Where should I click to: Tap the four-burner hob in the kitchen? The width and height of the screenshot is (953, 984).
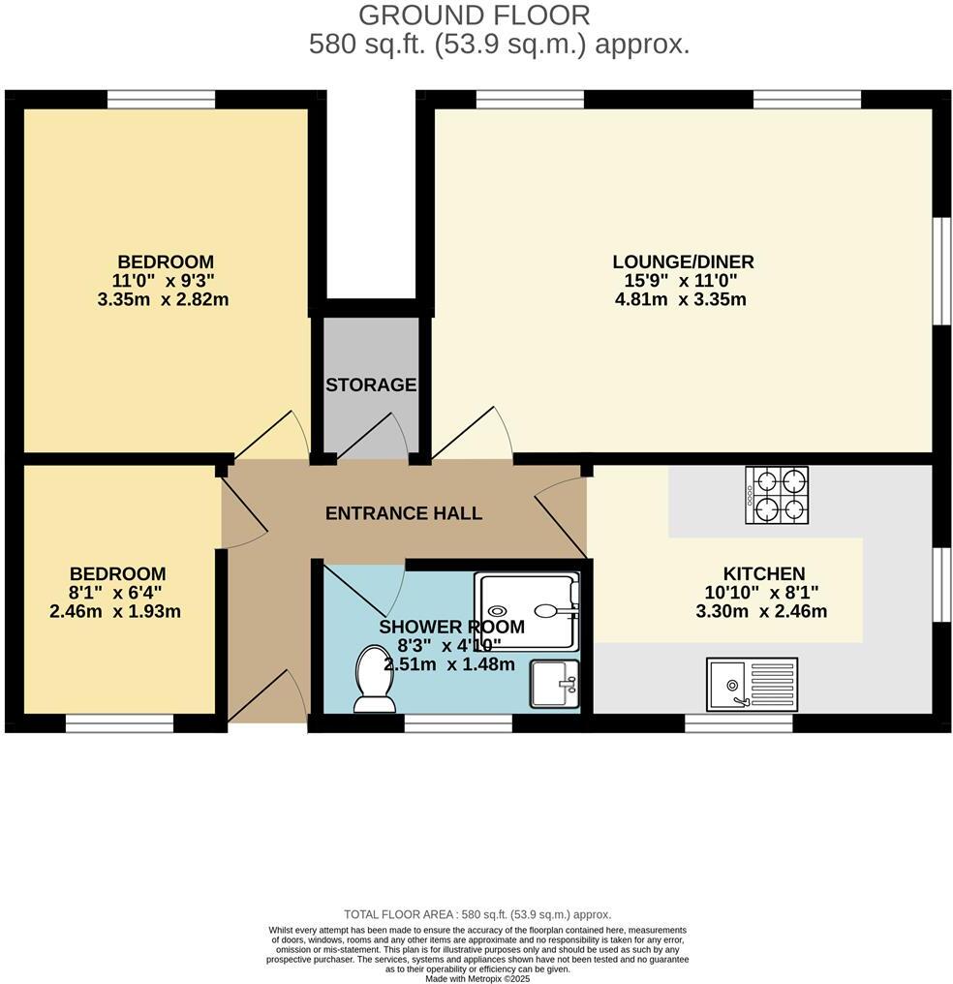click(x=777, y=495)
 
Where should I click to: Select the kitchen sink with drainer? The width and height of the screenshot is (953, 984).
click(x=752, y=683)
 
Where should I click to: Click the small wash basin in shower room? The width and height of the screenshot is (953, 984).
click(x=554, y=684)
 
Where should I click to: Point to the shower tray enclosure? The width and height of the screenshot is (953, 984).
click(x=527, y=610)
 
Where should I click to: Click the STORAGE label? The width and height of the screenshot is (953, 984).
click(x=371, y=385)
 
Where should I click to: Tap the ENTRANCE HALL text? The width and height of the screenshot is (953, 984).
click(x=403, y=513)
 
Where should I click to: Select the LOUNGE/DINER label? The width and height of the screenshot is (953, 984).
click(x=683, y=261)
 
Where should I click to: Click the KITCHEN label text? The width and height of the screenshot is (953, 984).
click(x=763, y=573)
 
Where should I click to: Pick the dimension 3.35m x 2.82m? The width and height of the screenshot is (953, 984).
click(x=163, y=299)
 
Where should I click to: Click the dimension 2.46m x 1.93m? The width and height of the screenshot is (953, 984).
click(x=114, y=611)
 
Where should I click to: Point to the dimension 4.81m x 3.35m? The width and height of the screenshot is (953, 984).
click(x=681, y=299)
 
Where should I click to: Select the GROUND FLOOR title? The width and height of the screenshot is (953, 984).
click(x=474, y=15)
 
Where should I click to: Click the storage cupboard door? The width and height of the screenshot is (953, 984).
click(x=373, y=435)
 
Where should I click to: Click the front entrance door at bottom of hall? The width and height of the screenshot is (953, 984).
click(x=268, y=697)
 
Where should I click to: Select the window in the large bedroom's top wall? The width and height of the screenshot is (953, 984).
click(x=161, y=99)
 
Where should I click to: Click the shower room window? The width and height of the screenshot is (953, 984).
click(x=457, y=723)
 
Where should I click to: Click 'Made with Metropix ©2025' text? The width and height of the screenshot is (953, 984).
click(x=477, y=978)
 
